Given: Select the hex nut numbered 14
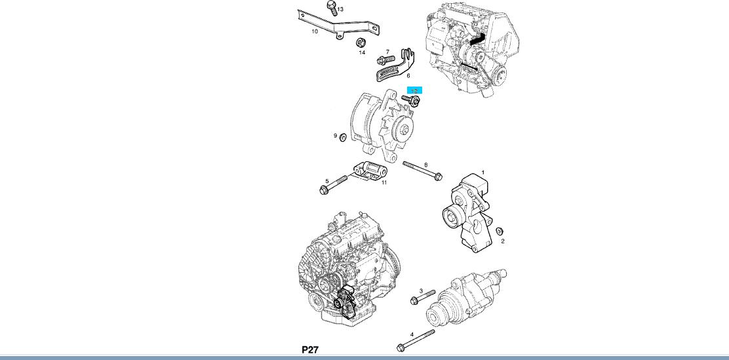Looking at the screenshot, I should (360, 43).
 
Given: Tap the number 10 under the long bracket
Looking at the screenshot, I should (315, 31).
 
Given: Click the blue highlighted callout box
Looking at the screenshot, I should (414, 90).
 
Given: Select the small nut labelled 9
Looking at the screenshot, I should (342, 137).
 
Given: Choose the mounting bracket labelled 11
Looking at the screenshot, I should (368, 172).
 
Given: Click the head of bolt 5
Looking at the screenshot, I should (324, 190).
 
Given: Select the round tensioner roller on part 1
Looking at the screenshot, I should (451, 214).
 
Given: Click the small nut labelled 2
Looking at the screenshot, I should (499, 231).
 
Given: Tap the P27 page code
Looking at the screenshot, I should (310, 350).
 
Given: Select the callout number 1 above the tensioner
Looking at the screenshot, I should (483, 172).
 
